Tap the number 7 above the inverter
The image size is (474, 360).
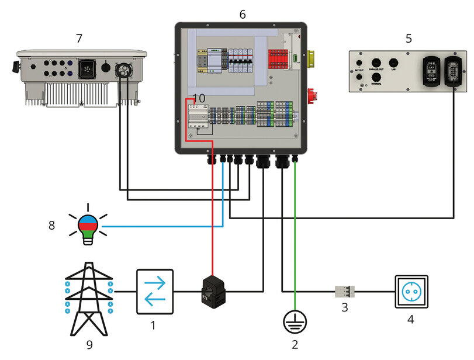click(79, 39)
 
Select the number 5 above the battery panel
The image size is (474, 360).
click(409, 39)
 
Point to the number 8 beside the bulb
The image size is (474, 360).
click(52, 225)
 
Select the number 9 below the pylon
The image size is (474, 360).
click(89, 345)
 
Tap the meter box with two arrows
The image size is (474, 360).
click(154, 290)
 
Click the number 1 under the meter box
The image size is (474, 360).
click(153, 326)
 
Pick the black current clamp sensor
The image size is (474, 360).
click(213, 290)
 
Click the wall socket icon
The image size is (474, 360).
click(411, 291)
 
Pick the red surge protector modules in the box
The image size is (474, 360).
click(277, 60)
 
